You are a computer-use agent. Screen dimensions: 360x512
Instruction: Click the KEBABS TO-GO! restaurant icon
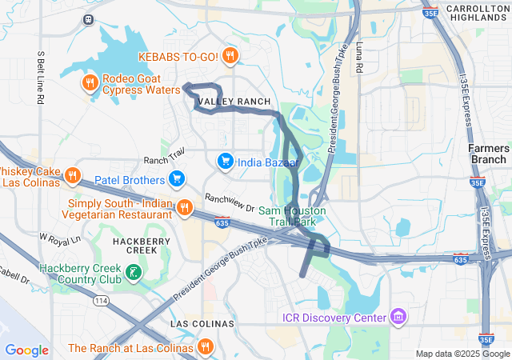tap(230, 55)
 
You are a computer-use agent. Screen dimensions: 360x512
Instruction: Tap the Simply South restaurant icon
tap(184, 208)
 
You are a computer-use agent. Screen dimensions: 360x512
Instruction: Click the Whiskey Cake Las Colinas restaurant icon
tap(72, 175)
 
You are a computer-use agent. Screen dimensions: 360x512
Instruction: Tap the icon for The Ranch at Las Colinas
tap(206, 347)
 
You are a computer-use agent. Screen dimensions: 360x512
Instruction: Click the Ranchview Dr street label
tap(229, 202)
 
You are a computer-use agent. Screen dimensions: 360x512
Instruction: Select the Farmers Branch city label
tap(488, 154)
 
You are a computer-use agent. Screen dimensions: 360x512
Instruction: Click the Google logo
tap(26, 350)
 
